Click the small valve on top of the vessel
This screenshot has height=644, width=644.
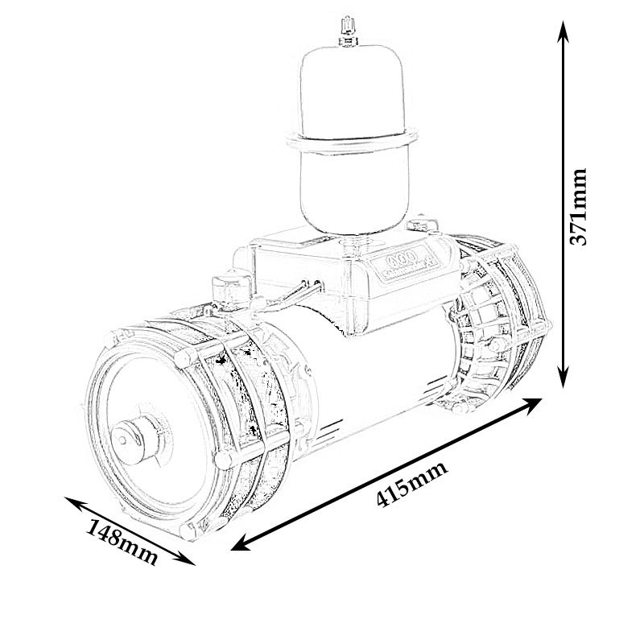349,28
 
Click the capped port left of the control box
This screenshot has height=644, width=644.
221,286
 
